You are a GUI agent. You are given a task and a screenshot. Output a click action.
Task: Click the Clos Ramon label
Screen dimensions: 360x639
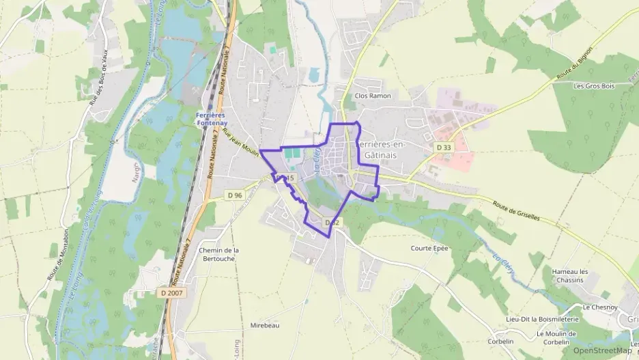[x=373, y=96]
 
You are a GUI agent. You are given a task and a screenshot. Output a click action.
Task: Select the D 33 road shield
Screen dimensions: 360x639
[x=444, y=147]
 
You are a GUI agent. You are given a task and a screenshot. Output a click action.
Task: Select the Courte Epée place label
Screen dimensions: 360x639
[x=430, y=249]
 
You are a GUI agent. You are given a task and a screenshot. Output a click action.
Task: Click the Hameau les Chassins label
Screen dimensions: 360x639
[x=570, y=275]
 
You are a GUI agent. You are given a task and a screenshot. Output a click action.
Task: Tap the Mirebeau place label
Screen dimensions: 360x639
[x=265, y=325]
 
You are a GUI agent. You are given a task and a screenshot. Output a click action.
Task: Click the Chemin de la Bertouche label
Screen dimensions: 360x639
[x=218, y=254]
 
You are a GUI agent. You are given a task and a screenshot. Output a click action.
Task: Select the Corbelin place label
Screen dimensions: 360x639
[x=500, y=341]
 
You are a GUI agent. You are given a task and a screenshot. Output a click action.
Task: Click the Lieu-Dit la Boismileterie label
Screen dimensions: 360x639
[x=542, y=319]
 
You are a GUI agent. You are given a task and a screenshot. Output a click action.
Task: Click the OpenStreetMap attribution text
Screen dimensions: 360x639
[x=602, y=350]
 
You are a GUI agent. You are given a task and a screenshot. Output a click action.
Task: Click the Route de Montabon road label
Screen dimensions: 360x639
[x=60, y=253]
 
